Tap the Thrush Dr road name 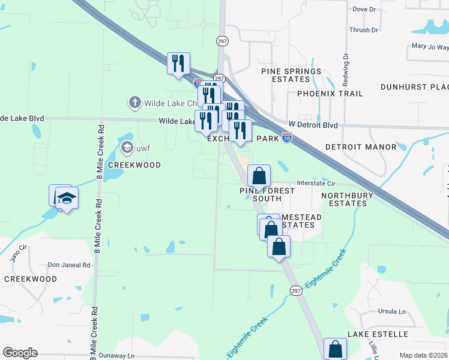(364, 30)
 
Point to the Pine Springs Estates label (291, 75)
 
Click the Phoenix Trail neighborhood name (330, 94)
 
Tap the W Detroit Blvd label (313, 125)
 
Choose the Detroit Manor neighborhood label (361, 147)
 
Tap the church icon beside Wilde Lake (135, 103)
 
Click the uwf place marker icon (127, 147)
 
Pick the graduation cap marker (67, 197)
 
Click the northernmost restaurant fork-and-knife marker (178, 63)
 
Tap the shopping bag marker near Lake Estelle (335, 349)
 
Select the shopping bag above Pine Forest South (259, 175)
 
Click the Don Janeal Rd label (69, 265)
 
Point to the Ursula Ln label (391, 311)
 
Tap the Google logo (20, 353)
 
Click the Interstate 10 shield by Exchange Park (287, 139)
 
